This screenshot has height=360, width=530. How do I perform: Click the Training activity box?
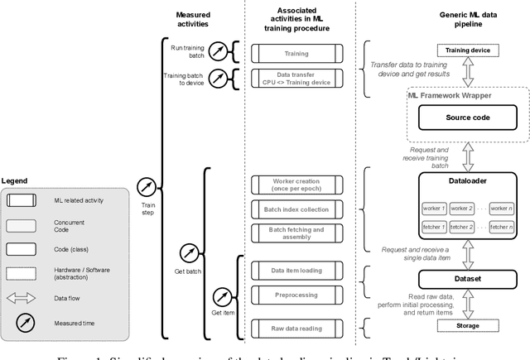[x=296, y=53]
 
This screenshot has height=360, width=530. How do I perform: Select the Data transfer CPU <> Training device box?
[x=296, y=79]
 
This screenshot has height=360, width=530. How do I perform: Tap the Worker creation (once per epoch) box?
[x=296, y=184]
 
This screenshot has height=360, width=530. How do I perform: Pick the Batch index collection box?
[x=296, y=209]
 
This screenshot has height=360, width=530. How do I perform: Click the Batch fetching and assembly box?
[x=296, y=233]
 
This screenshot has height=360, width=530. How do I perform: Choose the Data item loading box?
[x=296, y=269]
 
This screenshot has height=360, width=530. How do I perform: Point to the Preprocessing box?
[x=296, y=294]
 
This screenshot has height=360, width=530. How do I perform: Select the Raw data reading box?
[x=296, y=329]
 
